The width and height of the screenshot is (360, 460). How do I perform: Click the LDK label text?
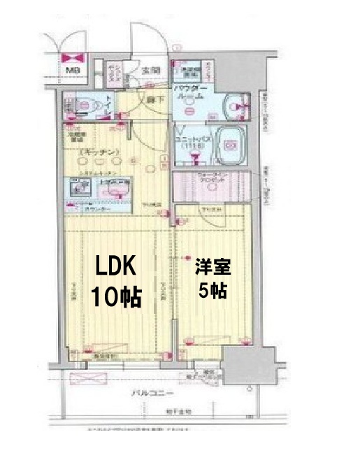[x=117, y=268]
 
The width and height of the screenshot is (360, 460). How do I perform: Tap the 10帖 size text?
[x=117, y=297]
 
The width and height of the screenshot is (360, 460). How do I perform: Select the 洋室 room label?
[x=212, y=268]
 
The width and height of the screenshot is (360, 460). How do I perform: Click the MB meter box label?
[x=72, y=71]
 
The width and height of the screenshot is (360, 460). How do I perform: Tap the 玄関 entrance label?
[x=151, y=70]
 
